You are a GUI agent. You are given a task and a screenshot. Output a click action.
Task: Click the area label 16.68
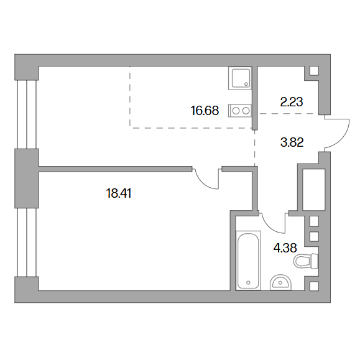(205, 111)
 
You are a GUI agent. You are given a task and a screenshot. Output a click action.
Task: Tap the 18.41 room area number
(119, 193)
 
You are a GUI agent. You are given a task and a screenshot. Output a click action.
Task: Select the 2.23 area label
(292, 102)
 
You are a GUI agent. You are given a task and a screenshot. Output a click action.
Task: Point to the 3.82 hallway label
(292, 142)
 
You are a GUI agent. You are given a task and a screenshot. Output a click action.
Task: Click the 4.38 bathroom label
(285, 248)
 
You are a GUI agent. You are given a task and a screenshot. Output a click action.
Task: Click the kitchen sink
(241, 78)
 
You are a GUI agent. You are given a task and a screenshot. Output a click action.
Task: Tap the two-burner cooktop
(241, 111)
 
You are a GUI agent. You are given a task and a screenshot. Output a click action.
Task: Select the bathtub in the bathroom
(249, 261)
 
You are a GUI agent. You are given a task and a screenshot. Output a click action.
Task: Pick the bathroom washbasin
(280, 282)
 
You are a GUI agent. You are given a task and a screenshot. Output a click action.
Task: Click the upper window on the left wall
(27, 114)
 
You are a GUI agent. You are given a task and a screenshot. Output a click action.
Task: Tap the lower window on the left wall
(27, 242)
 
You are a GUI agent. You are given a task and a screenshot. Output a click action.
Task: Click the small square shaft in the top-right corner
(314, 71)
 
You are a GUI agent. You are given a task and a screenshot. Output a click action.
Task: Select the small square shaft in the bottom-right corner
(314, 286)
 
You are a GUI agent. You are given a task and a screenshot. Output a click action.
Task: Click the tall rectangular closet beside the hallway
(314, 190)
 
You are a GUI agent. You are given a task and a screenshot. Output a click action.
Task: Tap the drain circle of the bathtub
(248, 282)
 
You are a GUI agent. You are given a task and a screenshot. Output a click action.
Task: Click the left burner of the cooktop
(236, 111)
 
